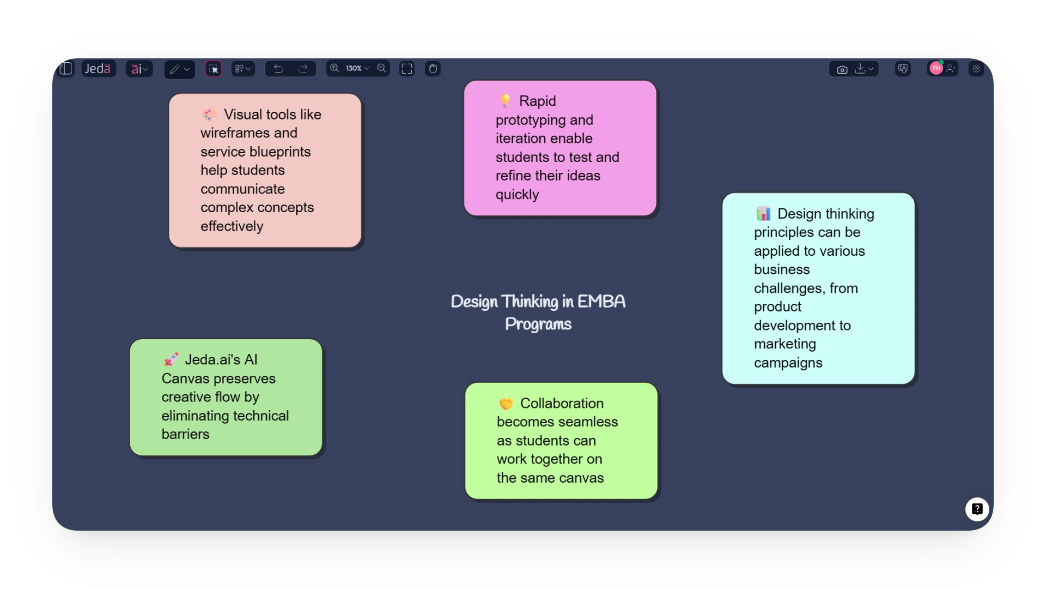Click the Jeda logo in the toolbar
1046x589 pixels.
tap(98, 69)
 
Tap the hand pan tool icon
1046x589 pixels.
tap(433, 69)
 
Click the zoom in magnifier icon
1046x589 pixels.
tap(335, 68)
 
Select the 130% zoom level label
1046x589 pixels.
tap(354, 69)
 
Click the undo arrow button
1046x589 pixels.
tap(278, 69)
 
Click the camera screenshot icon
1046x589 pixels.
tap(842, 69)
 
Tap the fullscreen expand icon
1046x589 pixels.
tap(407, 69)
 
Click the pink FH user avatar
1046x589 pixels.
tap(936, 68)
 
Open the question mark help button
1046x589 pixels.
tap(977, 509)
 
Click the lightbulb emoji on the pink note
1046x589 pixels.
tap(505, 100)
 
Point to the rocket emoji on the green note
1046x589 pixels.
tap(171, 359)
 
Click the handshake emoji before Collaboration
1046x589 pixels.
tap(506, 404)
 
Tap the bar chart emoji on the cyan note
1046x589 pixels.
tap(763, 214)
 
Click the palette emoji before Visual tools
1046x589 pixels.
tap(210, 115)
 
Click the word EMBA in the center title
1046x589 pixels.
tap(601, 302)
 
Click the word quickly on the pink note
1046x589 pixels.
tap(517, 195)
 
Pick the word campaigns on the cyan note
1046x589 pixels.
tap(788, 363)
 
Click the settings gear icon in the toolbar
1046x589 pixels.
tap(976, 69)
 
